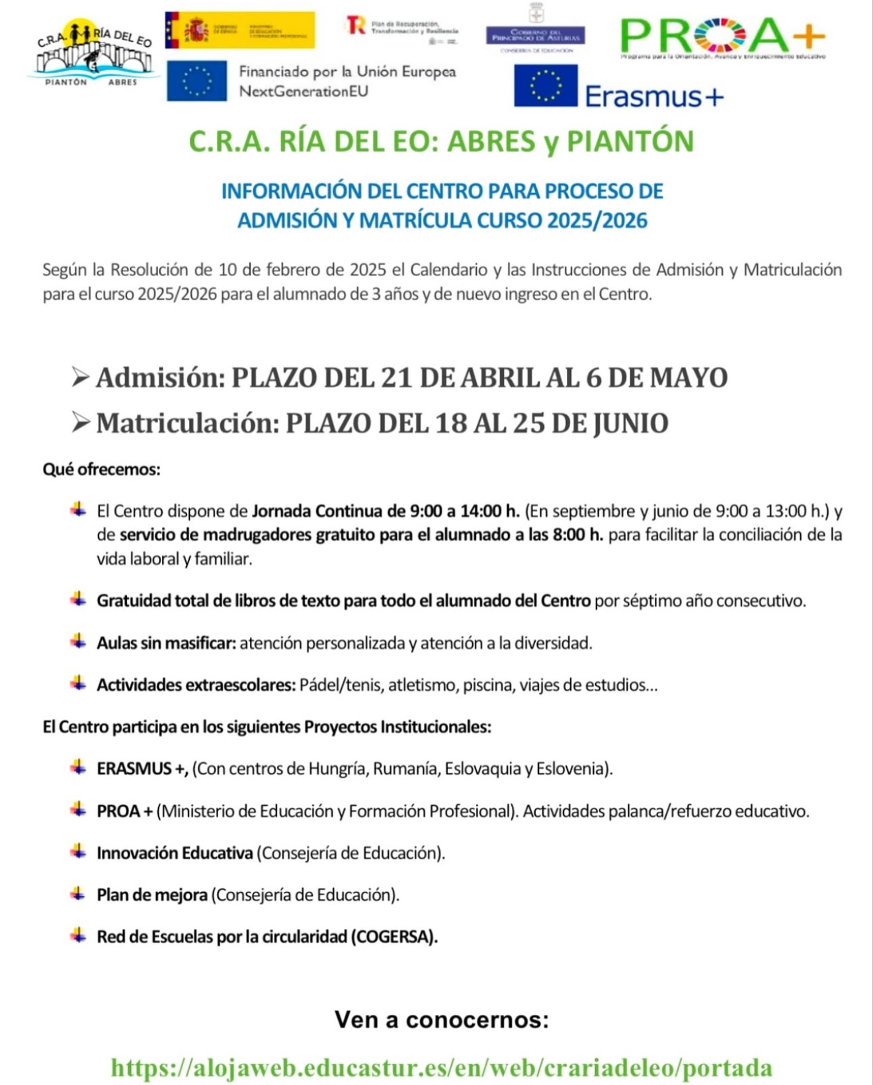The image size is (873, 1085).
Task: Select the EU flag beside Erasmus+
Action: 546,85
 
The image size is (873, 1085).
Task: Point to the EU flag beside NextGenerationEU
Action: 196,81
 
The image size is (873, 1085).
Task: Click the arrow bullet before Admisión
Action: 80,378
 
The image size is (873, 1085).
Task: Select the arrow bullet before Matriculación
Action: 80,423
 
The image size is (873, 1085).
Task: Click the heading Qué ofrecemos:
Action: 101,470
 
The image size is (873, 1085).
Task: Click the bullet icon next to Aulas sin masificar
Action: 78,642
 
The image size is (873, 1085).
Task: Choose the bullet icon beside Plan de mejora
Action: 78,894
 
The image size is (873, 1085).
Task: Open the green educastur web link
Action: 441,1067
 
